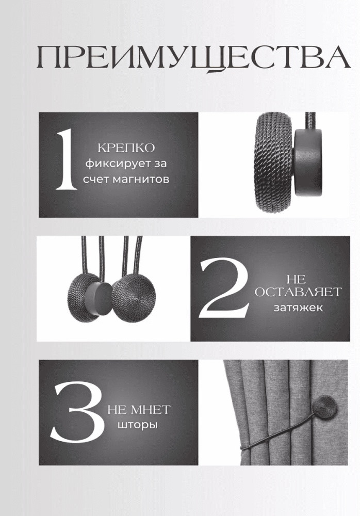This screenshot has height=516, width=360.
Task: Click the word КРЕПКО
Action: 126,148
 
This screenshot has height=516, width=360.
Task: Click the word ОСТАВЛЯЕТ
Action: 298,292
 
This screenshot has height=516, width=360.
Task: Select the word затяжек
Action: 298,308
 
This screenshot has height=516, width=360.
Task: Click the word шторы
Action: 137,425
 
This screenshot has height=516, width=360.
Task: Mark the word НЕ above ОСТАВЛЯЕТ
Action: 296,279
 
